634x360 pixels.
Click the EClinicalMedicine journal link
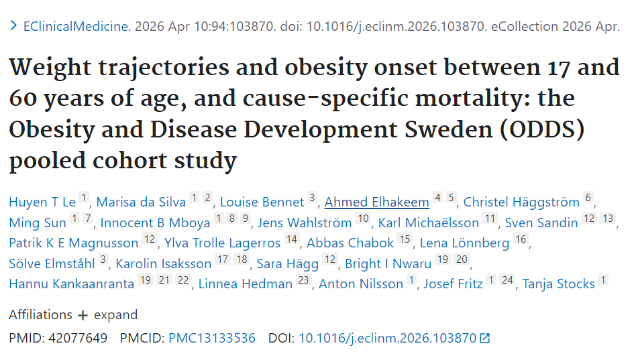click(77, 26)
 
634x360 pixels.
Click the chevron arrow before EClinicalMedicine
click(13, 26)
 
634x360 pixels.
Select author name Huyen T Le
click(42, 202)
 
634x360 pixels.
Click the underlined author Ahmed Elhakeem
click(377, 202)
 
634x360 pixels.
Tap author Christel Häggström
click(521, 202)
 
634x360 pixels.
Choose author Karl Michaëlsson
click(429, 223)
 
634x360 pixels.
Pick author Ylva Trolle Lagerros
click(222, 243)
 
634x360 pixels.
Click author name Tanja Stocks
click(558, 284)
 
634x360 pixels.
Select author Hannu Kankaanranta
click(72, 284)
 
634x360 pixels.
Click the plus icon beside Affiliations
click(83, 315)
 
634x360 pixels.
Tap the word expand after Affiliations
click(115, 314)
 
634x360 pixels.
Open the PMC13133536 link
click(212, 338)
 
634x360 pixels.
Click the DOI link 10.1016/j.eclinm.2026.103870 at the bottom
click(387, 338)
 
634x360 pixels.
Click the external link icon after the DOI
click(485, 338)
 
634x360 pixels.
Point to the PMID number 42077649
click(78, 338)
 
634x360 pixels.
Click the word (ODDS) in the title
click(542, 129)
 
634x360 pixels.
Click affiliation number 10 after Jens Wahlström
click(363, 219)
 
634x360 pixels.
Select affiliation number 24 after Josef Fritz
click(507, 280)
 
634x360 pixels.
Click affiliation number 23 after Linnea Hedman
click(304, 280)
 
